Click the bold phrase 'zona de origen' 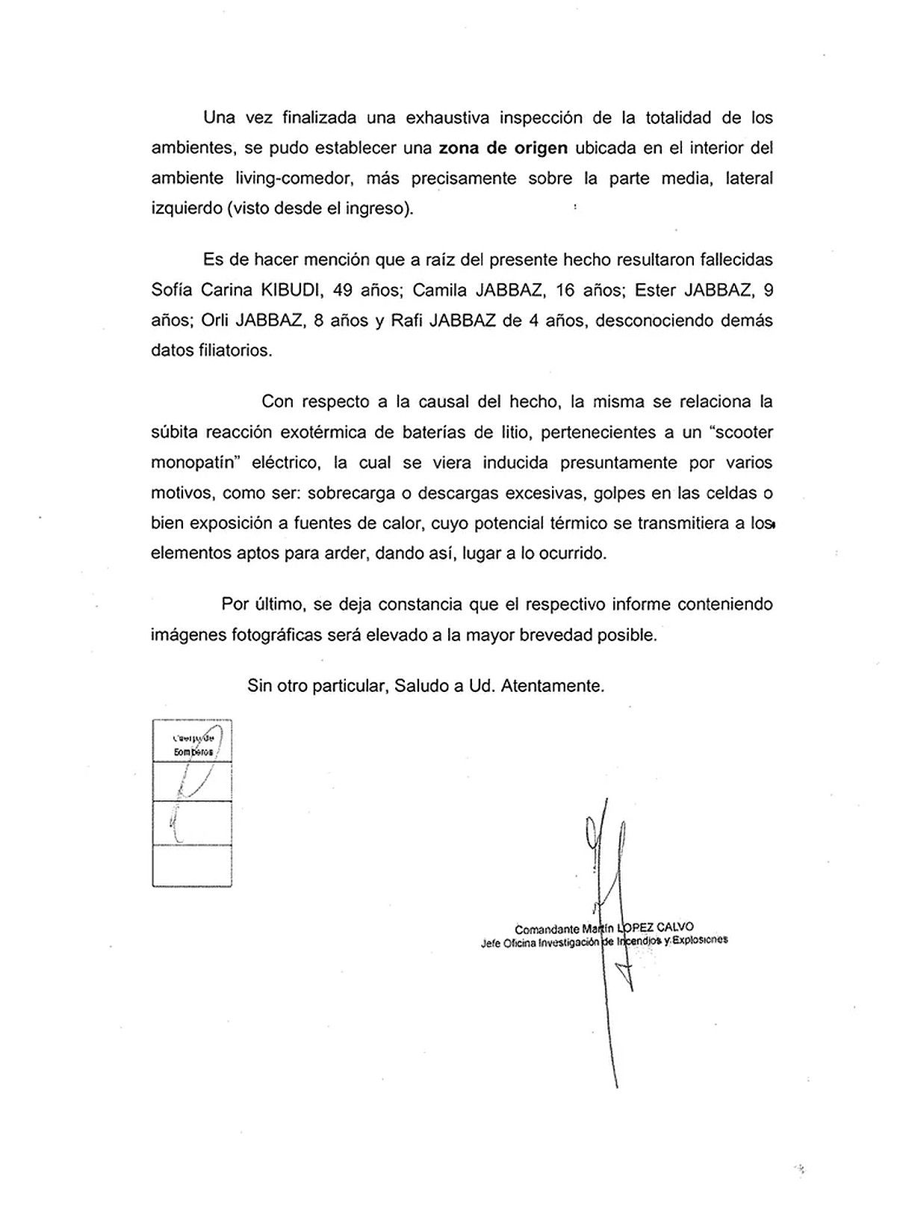pyautogui.click(x=503, y=148)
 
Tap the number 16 pyautogui.click(x=571, y=291)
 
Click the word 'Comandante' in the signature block pyautogui.click(x=547, y=930)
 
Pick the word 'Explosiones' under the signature pyautogui.click(x=700, y=941)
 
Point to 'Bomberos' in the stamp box pyautogui.click(x=193, y=752)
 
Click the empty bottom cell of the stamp pyautogui.click(x=192, y=865)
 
